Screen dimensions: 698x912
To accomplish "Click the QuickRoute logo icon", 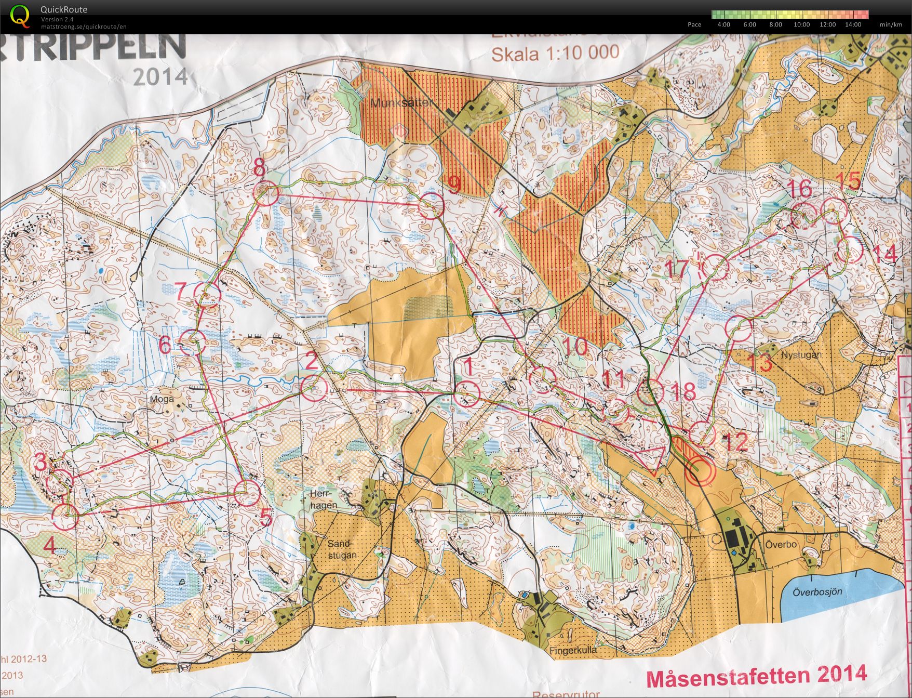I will tap(20, 16).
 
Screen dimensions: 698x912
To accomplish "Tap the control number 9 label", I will tap(454, 184).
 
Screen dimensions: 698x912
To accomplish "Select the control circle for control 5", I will tap(246, 493).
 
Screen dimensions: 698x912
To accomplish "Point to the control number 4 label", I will tap(49, 545).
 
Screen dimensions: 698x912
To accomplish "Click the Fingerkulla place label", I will tap(573, 650).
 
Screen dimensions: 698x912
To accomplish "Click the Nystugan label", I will tap(801, 355).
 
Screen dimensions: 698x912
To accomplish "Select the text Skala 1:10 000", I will tap(555, 52).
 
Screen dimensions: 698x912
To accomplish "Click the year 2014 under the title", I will tap(160, 76).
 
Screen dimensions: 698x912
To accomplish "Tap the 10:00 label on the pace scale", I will tap(801, 24).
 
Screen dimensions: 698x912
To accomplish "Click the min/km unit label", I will tap(891, 24).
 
